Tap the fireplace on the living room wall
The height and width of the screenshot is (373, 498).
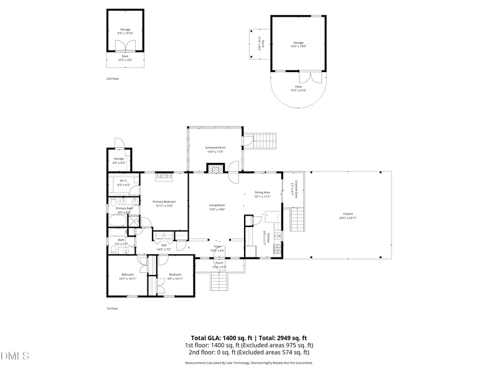tap(215, 168)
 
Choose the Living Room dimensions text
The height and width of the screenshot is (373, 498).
tap(217, 210)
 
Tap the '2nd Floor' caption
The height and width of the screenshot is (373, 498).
tap(112, 79)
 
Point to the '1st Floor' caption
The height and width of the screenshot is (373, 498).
tap(112, 308)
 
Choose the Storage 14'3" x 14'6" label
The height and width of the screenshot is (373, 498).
tap(299, 44)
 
